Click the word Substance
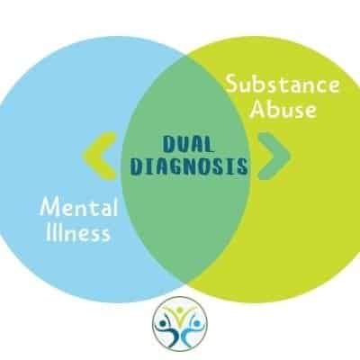coord(283,84)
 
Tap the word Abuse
coord(283,109)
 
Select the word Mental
coord(79,207)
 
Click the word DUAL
coord(188,144)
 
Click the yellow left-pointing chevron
coord(100,156)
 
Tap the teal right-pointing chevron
coord(274,156)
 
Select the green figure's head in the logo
coord(180,310)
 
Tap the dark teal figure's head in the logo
coord(163,324)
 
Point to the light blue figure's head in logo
coord(197,324)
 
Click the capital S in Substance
coord(232,84)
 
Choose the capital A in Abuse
coord(257,109)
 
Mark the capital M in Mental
coord(50,207)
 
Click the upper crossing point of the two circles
coord(186,56)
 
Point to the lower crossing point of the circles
coord(186,283)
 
